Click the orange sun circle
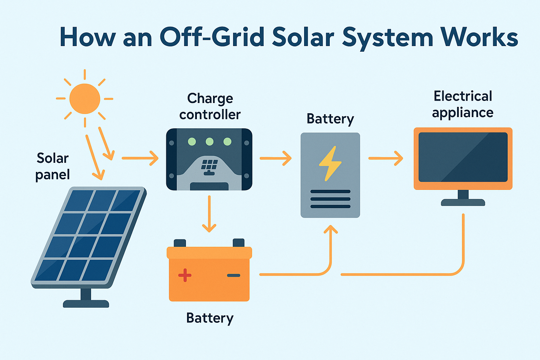coord(85,99)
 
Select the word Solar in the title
coord(303,37)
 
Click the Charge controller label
coord(210,106)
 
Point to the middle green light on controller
coord(210,142)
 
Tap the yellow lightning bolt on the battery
coord(330,163)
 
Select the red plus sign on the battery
coord(185,275)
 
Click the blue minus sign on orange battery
coord(233,275)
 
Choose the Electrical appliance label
coord(463,104)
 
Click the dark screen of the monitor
coord(463,157)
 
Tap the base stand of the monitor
coord(463,202)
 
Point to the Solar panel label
coord(53,166)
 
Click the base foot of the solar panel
coord(86,303)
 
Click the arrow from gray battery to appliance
coord(386,158)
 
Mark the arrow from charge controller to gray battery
coord(276,158)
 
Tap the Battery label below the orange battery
coord(210,318)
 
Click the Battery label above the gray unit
coord(330,119)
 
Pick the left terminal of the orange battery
coord(180,243)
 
